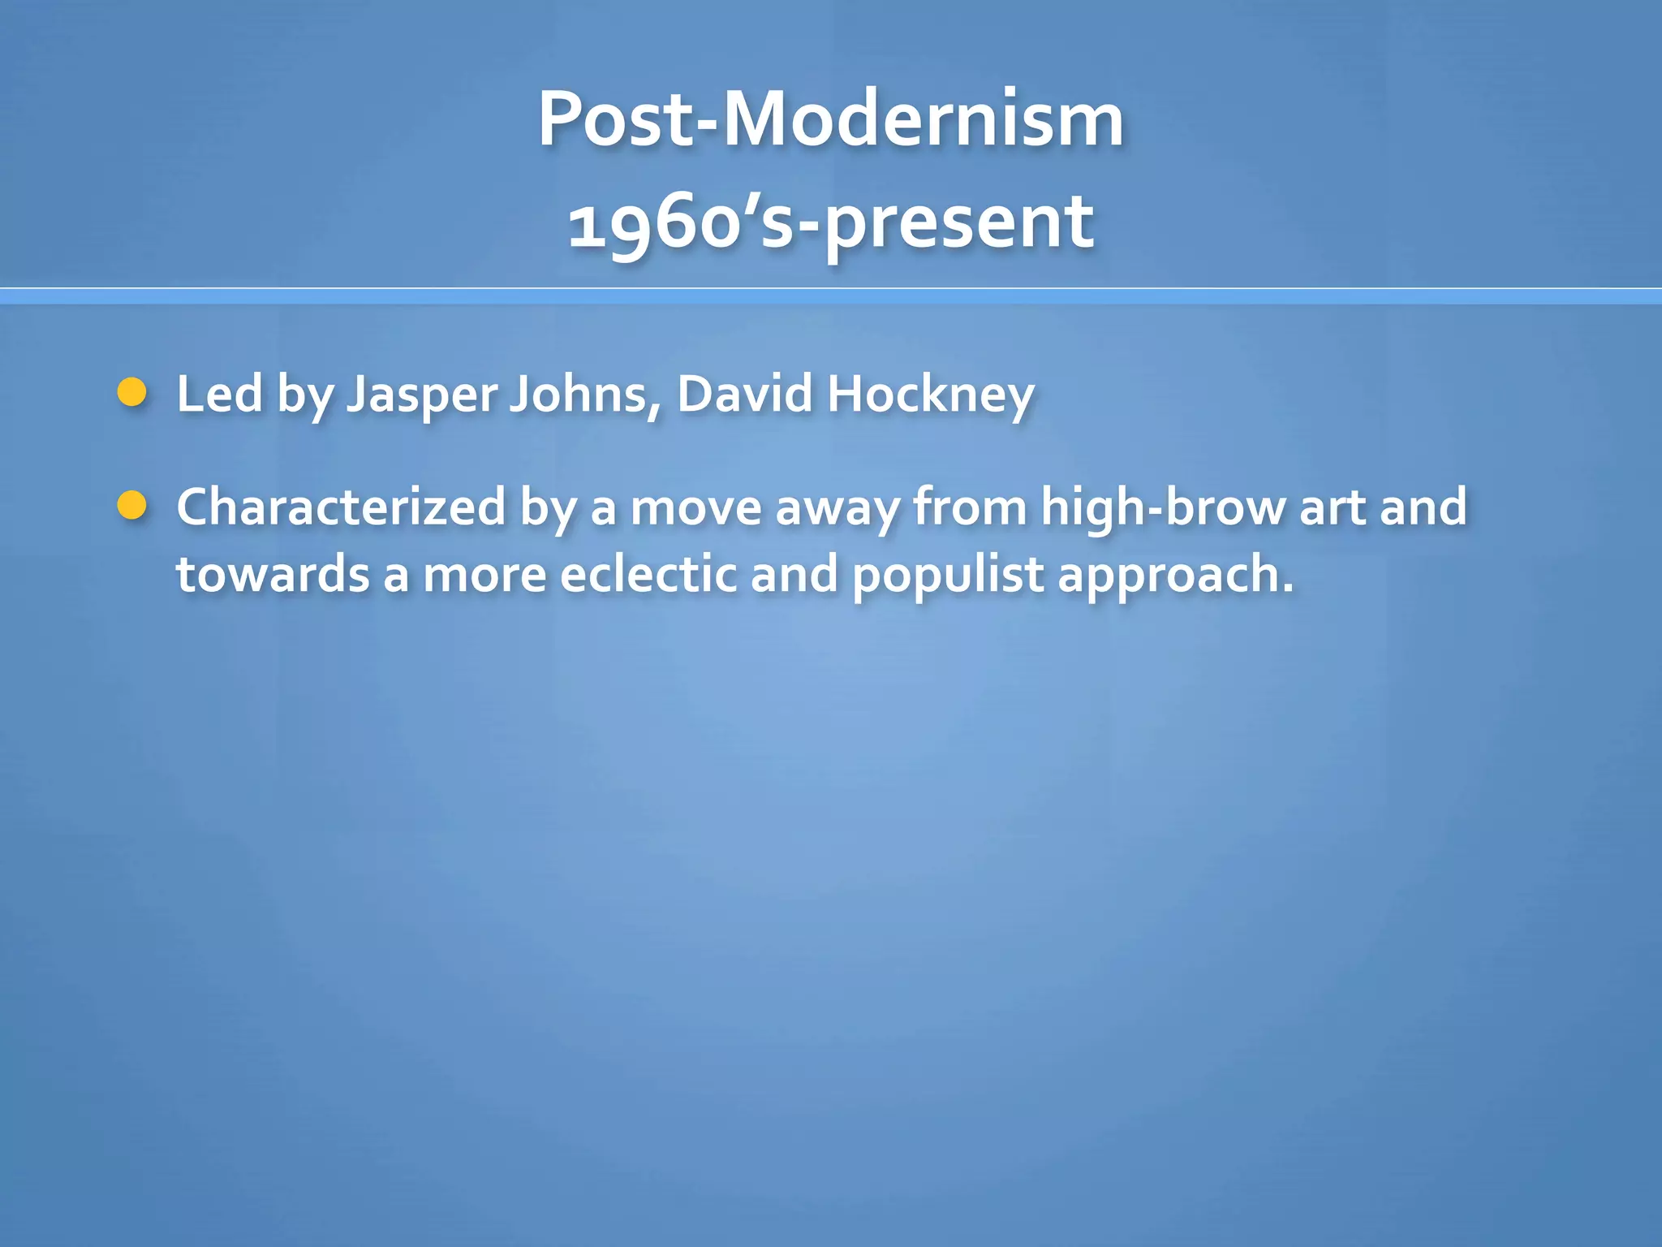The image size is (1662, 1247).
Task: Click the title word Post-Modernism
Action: point(830,120)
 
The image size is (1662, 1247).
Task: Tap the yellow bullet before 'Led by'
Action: point(131,393)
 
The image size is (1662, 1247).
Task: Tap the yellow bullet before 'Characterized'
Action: point(131,506)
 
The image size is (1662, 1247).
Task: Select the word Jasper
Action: point(422,395)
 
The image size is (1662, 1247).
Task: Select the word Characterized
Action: point(341,507)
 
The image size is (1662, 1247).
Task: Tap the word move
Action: point(696,509)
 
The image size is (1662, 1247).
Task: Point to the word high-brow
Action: point(1163,507)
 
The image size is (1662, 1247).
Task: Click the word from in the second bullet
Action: point(971,507)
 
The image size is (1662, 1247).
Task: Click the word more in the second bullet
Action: point(484,576)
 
